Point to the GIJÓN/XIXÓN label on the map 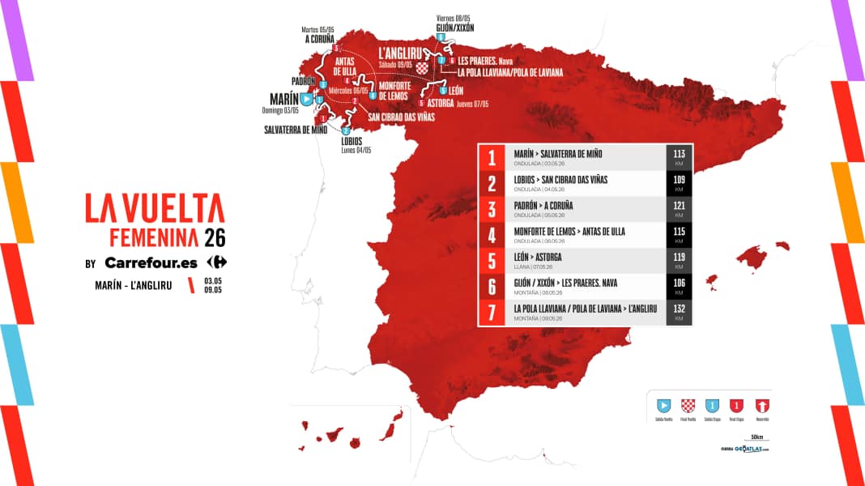pos(454,26)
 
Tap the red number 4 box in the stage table pos(492,235)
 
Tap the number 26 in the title pos(215,237)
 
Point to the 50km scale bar pos(757,442)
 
